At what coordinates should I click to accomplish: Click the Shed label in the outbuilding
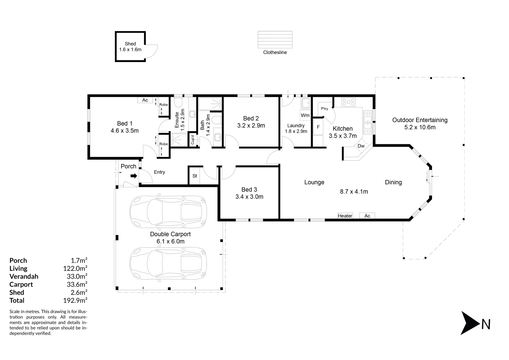[x=130, y=44]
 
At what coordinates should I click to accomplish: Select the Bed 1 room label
[x=125, y=123]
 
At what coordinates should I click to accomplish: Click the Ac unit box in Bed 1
[x=145, y=100]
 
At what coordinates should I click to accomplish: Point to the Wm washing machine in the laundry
[x=305, y=115]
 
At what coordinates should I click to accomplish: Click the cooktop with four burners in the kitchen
[x=348, y=102]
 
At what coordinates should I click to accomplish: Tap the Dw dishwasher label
[x=361, y=146]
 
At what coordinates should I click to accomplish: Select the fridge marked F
[x=318, y=127]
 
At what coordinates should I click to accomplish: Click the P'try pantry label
[x=324, y=109]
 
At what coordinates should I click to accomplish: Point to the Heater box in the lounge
[x=345, y=216]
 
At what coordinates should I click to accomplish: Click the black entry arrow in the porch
[x=134, y=176]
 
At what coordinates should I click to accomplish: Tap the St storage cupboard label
[x=195, y=176]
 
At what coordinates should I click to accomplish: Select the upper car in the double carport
[x=168, y=212]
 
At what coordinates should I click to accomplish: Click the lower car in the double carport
[x=168, y=263]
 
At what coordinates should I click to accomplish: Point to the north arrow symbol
[x=470, y=323]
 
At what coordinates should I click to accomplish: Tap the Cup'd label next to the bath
[x=193, y=139]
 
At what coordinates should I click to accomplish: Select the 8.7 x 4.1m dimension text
[x=354, y=191]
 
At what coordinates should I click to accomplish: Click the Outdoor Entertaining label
[x=420, y=120]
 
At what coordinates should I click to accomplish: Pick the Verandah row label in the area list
[x=24, y=276]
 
